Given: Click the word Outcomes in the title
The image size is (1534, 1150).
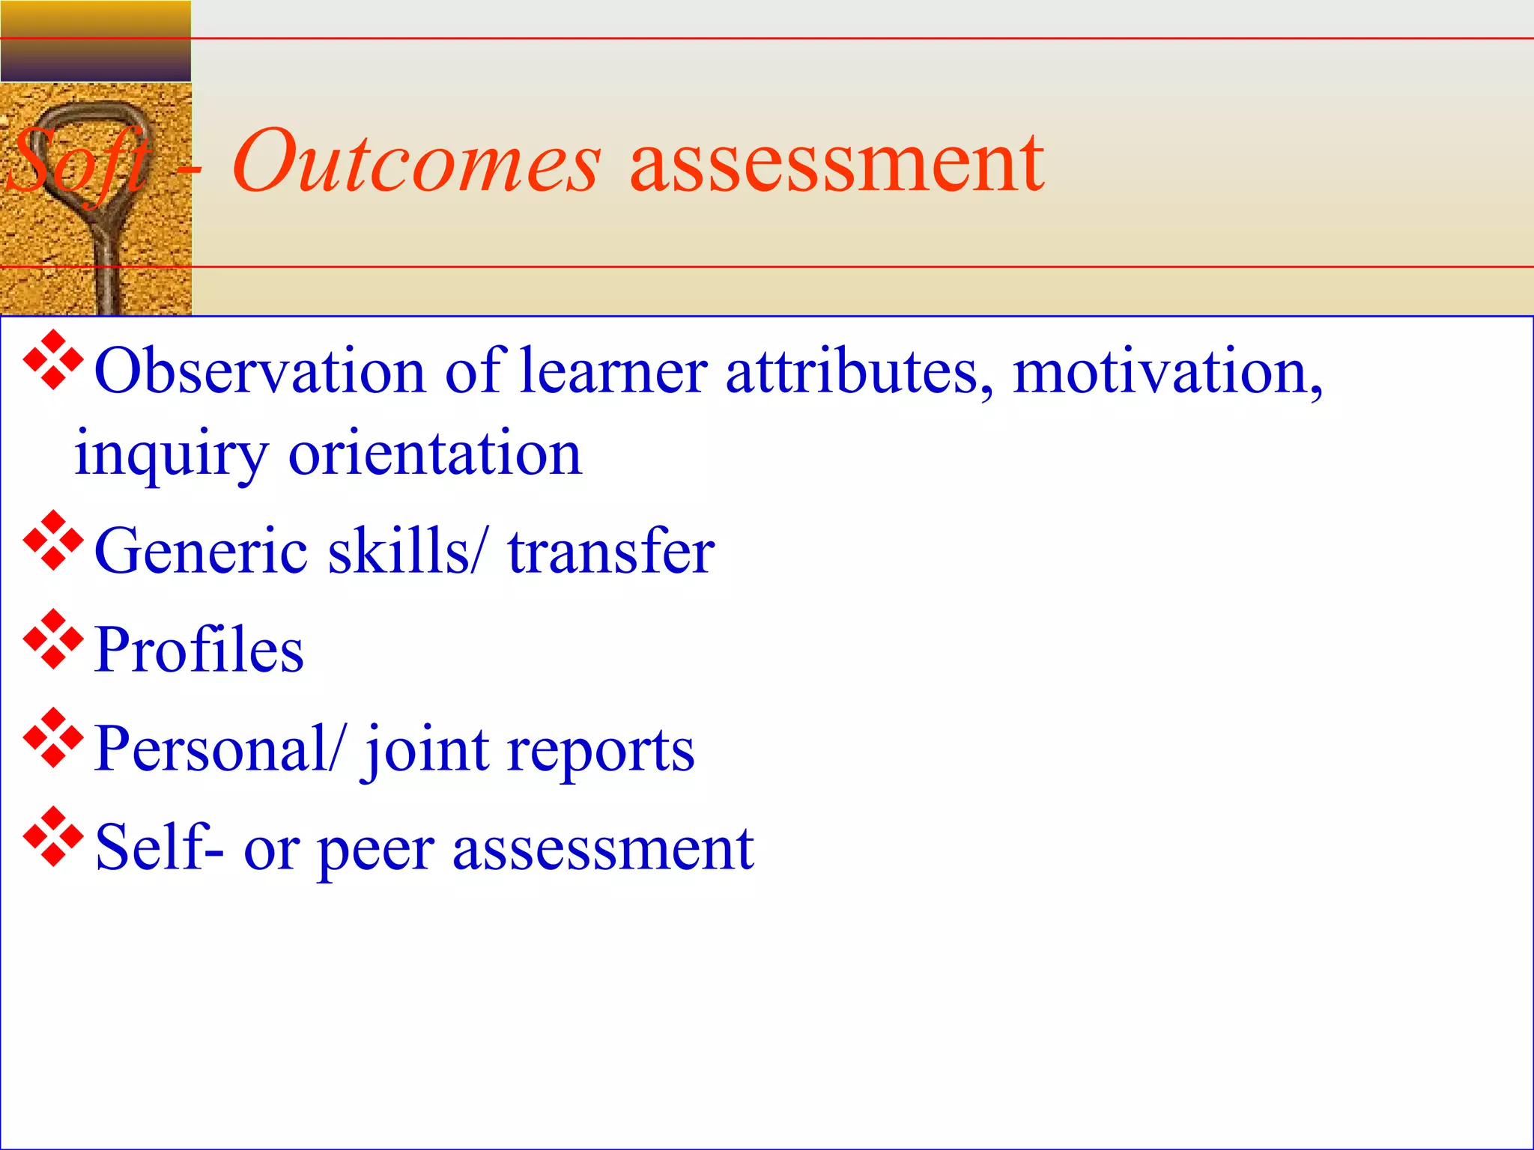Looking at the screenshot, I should tap(416, 161).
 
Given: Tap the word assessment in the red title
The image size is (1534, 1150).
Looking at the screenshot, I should tap(836, 163).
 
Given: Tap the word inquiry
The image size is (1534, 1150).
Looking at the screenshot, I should tap(171, 455).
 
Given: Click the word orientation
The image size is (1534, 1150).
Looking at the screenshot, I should tap(434, 454).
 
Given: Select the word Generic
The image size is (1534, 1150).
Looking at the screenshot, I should tap(201, 551).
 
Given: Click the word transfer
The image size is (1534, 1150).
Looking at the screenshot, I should tap(610, 551).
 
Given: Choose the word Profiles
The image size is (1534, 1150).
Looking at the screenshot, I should tap(199, 649).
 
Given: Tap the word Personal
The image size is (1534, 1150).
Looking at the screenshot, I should tap(211, 748).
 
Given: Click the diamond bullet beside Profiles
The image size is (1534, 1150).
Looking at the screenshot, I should tap(53, 639).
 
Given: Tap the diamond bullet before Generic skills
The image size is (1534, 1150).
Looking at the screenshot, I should tap(53, 540).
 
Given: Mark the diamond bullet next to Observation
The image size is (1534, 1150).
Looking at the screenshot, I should tap(53, 359).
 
